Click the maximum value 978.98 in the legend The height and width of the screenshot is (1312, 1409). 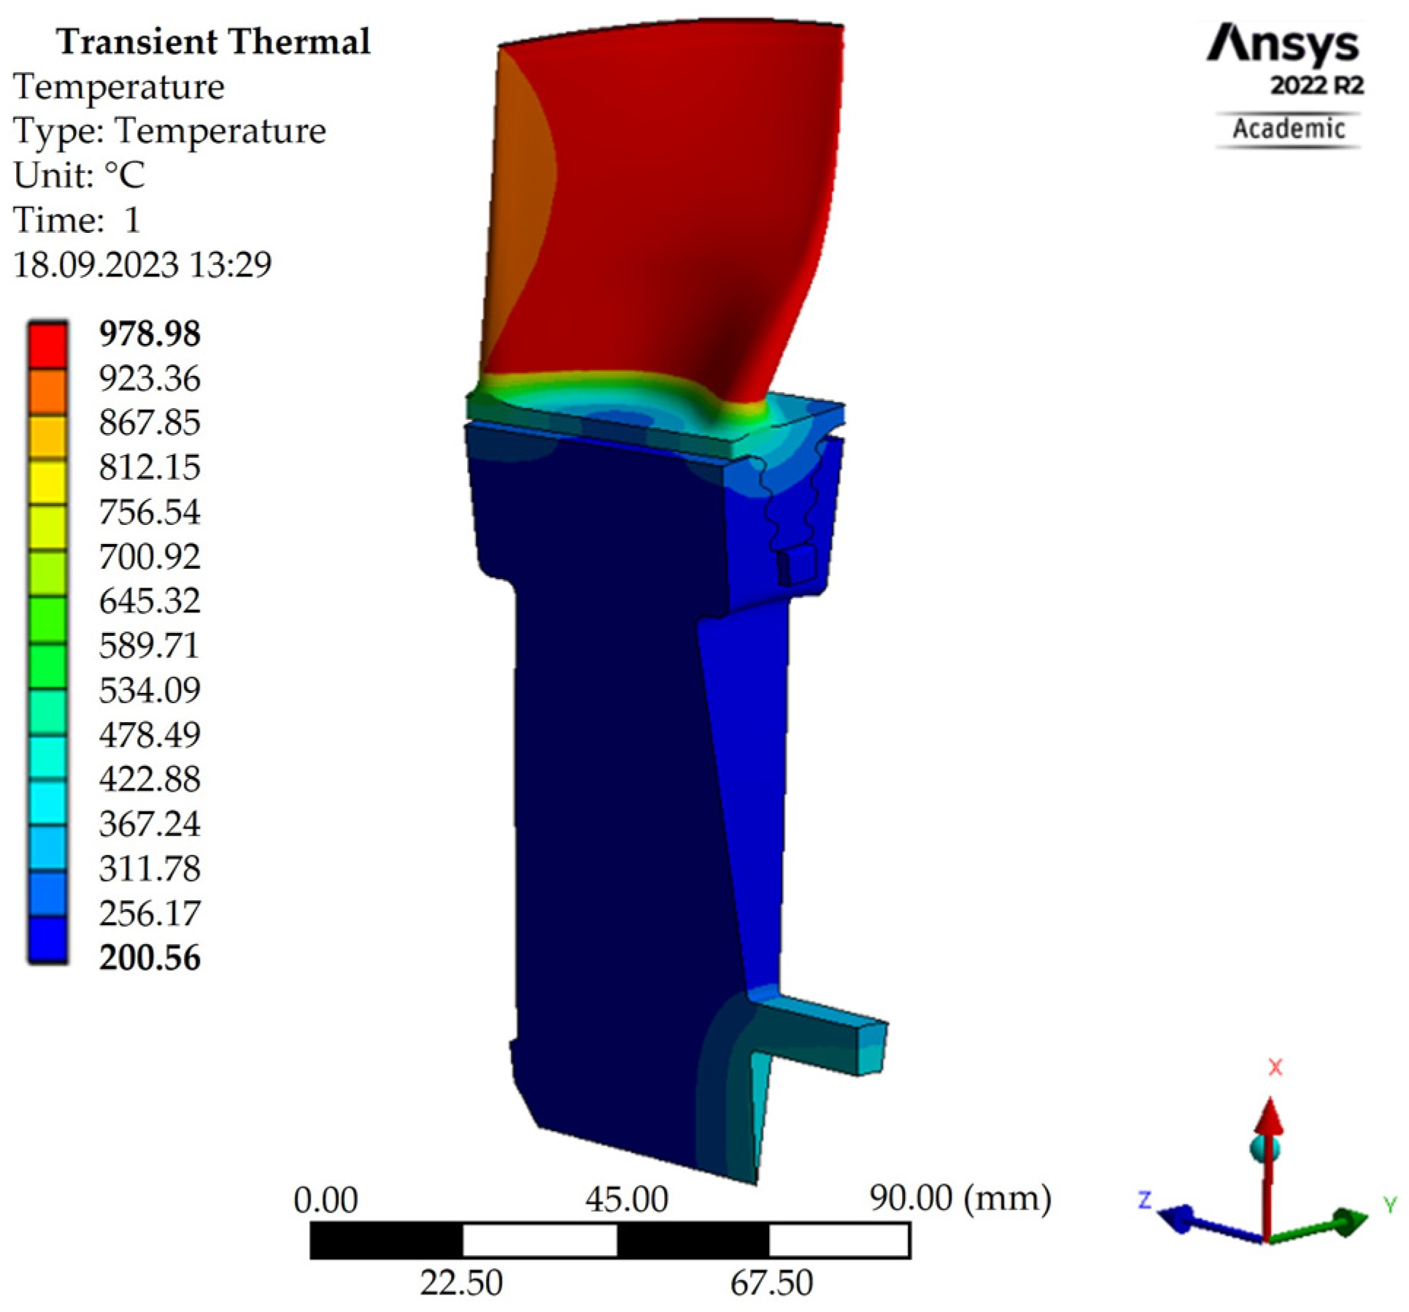[150, 334]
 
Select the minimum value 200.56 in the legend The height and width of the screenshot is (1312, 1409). [150, 957]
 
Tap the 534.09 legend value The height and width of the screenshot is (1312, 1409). [150, 690]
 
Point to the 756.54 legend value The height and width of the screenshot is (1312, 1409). [150, 512]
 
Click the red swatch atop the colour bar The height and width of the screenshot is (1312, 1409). [48, 345]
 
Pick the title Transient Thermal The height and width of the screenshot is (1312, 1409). [214, 42]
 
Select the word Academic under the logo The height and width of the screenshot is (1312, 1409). [1289, 129]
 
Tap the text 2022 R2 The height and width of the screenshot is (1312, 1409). [1317, 86]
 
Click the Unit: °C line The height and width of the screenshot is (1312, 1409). [79, 175]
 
